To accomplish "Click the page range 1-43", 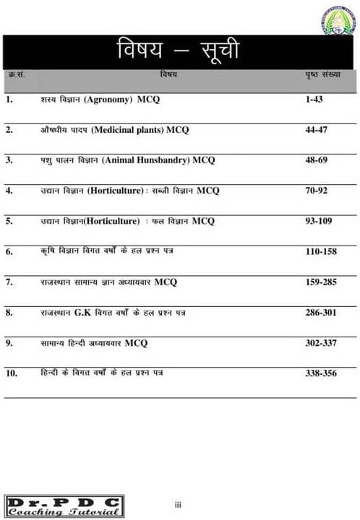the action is (314, 99).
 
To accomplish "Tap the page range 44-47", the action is (317, 130).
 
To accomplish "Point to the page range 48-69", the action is (317, 160).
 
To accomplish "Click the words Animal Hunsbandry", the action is (148, 160).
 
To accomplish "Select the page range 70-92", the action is (317, 191).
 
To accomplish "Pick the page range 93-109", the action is (319, 221).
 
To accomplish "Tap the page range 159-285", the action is (322, 282).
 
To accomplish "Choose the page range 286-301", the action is (322, 312).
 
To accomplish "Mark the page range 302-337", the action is (322, 342).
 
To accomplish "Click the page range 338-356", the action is (322, 373).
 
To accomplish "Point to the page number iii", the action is (178, 505).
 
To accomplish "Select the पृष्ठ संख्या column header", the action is (322, 74).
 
